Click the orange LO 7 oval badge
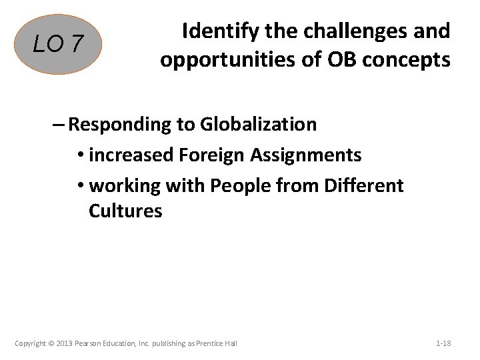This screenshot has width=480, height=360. click(x=59, y=44)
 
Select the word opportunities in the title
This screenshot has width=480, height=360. click(x=237, y=60)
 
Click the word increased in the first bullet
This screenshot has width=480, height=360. click(x=131, y=155)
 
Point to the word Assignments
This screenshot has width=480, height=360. click(x=306, y=155)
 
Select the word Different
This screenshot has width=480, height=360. click(x=364, y=185)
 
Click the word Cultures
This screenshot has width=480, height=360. click(x=125, y=211)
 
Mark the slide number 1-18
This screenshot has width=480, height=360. click(x=443, y=343)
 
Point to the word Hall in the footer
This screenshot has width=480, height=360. click(x=230, y=343)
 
